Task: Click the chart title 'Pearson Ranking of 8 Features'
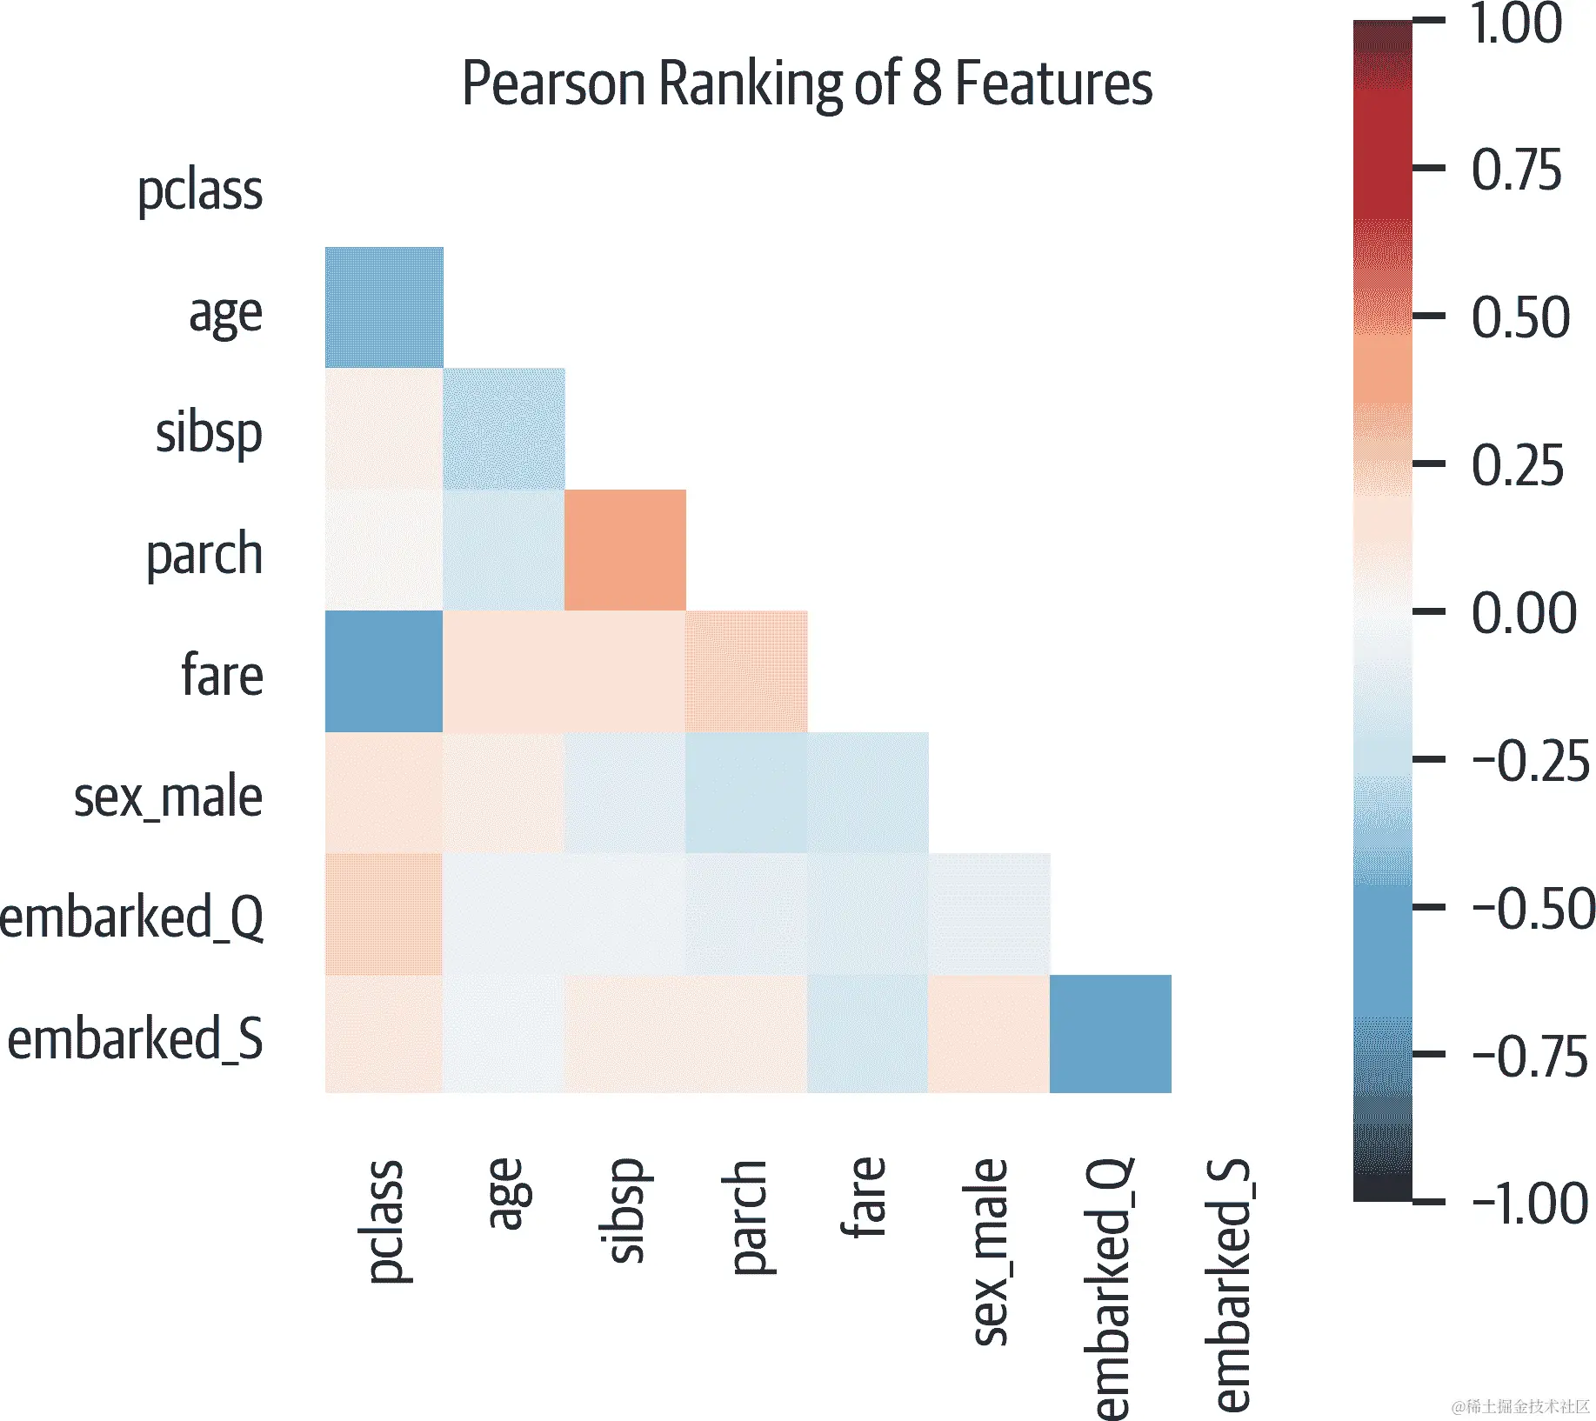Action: [x=806, y=84]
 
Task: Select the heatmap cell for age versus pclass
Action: [x=384, y=308]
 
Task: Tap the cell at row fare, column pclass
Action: [x=384, y=671]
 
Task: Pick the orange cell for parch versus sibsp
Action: [x=625, y=550]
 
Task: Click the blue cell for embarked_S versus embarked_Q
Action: [x=1111, y=1034]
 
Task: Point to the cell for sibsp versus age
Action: [x=504, y=429]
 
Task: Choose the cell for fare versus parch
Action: [x=746, y=671]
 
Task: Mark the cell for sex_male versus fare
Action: [x=868, y=792]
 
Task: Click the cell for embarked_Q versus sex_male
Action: [x=989, y=914]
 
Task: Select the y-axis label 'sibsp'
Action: [x=209, y=432]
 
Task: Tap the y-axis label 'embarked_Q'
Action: [x=132, y=917]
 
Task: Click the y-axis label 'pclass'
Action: [x=200, y=190]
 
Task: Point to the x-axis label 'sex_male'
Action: [x=989, y=1252]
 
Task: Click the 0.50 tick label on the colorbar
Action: [x=1520, y=317]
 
